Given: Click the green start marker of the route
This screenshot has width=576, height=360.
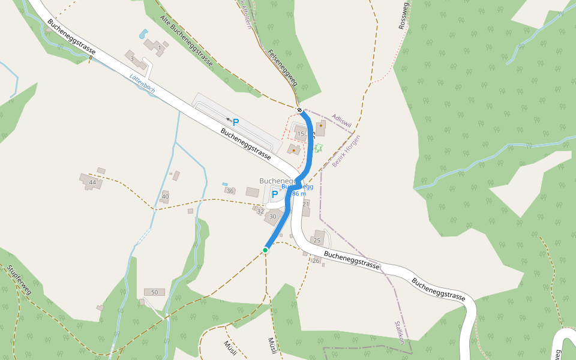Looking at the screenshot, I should click(265, 250).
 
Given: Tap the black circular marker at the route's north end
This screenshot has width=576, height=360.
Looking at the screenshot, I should click(299, 110).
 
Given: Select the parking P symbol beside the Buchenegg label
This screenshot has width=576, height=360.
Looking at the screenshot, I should click(275, 194).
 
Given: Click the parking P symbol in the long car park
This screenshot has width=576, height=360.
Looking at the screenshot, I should click(236, 122).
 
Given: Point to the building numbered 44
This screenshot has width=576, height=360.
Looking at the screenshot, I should click(92, 182).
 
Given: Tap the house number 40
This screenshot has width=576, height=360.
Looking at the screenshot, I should click(165, 197).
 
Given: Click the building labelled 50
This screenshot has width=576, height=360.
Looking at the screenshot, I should click(154, 292).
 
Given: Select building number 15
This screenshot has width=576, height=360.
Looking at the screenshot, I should click(301, 134).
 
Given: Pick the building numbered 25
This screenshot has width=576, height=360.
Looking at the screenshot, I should click(317, 241).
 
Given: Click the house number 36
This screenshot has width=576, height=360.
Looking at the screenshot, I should click(230, 191).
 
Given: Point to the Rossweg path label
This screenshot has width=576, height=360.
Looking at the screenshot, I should click(403, 16).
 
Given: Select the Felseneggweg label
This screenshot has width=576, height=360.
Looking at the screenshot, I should click(283, 68).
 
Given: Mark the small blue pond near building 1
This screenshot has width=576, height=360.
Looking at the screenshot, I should click(142, 34).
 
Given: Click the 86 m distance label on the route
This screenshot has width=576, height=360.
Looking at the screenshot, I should click(299, 194).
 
